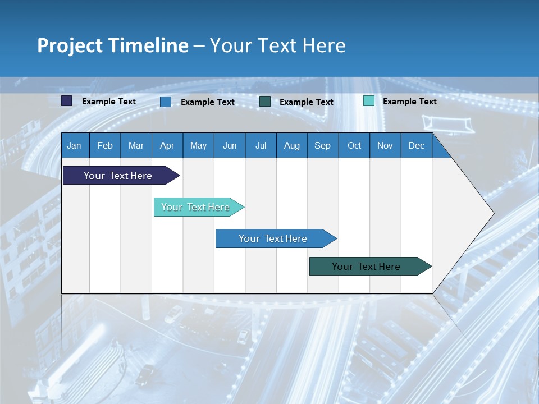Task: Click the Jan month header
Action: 74,146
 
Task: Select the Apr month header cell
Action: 167,146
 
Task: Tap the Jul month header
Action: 261,146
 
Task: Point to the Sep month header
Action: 322,146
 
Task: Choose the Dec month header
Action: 416,146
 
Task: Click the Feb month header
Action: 105,146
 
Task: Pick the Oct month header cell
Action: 354,146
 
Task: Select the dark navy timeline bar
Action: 118,176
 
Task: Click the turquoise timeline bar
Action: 195,207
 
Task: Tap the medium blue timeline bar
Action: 273,238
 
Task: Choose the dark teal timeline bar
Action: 366,267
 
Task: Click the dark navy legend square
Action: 67,101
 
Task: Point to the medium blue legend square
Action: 166,102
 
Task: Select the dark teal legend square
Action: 265,102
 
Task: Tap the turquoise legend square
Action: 369,101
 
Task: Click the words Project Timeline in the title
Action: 112,45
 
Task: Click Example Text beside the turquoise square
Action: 409,102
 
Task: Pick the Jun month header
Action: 230,146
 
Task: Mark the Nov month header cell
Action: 385,146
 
